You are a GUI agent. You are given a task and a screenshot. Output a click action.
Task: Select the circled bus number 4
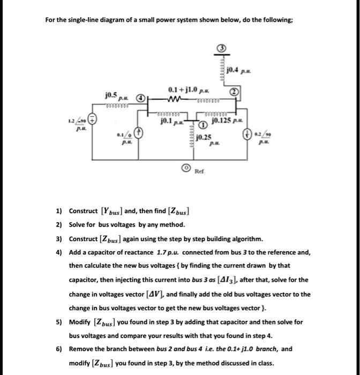click(x=139, y=99)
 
